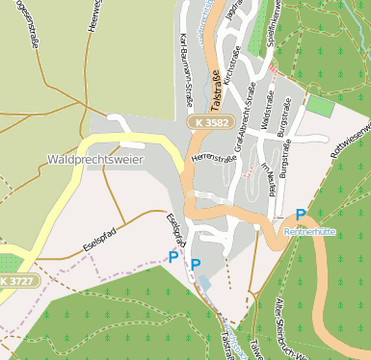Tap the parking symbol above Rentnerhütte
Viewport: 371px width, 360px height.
[x=302, y=215]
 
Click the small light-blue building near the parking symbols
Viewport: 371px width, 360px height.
[x=204, y=284]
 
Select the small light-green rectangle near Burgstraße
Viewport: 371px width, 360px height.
[x=321, y=106]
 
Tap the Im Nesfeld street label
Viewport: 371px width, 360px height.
[x=267, y=178]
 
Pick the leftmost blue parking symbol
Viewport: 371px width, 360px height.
[x=173, y=257]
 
